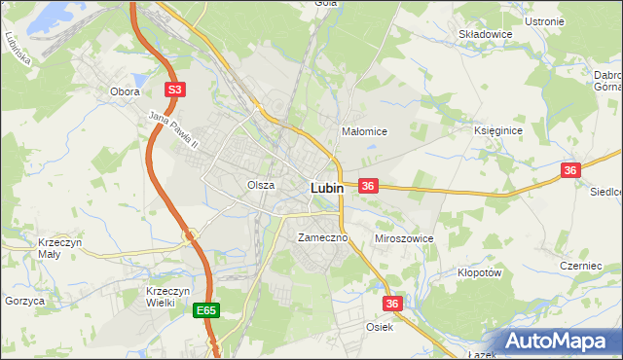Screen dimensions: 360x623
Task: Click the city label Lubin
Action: point(326,188)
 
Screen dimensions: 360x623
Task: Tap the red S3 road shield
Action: point(174,90)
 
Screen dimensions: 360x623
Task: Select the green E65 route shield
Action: point(205,310)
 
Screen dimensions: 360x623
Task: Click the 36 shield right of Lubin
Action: point(368,185)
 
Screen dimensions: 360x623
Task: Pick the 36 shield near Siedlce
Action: point(570,170)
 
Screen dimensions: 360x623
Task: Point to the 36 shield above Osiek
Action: point(392,304)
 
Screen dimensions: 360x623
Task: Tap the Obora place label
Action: point(125,92)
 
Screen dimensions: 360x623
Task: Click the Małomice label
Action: point(365,131)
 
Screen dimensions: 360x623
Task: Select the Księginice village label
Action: point(498,129)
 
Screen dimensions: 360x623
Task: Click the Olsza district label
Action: point(260,184)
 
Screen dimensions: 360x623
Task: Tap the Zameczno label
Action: point(316,237)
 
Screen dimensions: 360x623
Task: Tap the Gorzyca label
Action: point(24,302)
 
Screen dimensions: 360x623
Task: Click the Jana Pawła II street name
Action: point(173,130)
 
